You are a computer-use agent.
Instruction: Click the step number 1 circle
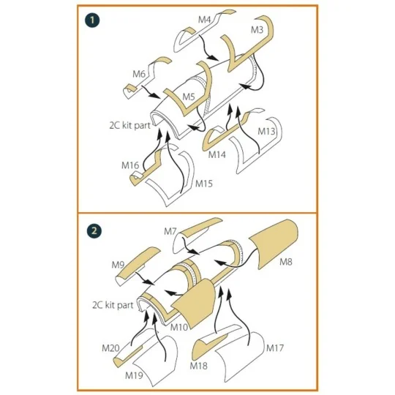click(92, 20)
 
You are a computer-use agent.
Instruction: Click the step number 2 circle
click(94, 230)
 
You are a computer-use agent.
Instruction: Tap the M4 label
click(204, 20)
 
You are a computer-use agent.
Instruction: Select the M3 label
click(257, 30)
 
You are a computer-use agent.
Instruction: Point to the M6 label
click(139, 75)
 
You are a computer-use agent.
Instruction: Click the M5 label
click(189, 97)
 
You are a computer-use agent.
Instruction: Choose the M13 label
click(266, 131)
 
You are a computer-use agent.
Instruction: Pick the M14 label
click(217, 154)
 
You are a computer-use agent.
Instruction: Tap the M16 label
click(130, 165)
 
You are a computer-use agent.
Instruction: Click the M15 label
click(204, 184)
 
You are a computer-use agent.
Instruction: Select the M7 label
click(170, 231)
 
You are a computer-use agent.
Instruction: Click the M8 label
click(286, 263)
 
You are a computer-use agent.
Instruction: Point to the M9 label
click(118, 265)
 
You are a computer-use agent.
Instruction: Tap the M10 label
click(179, 327)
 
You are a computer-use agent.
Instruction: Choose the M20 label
click(110, 348)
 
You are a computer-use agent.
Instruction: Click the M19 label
click(134, 375)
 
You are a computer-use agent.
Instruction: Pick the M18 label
click(199, 366)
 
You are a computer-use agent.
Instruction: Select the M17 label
click(275, 348)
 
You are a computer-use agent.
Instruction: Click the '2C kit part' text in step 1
click(129, 126)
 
